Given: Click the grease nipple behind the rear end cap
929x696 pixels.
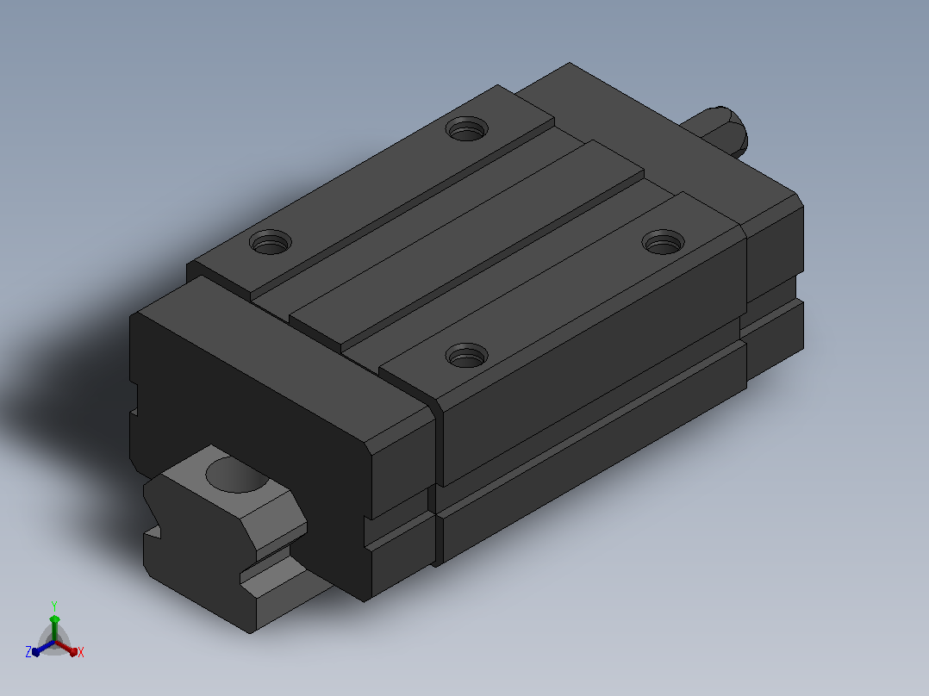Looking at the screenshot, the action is pos(720,132).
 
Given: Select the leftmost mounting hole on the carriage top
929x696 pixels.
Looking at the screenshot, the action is pos(271,242).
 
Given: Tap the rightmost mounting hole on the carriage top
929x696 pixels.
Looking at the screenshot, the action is pos(663,242).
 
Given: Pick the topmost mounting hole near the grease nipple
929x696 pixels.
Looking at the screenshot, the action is pos(467,128).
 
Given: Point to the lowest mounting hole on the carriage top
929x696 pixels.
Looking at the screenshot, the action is pos(467,356).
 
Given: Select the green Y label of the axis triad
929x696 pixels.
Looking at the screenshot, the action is pos(54,606).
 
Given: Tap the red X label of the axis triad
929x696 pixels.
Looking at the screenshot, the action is pos(81,652).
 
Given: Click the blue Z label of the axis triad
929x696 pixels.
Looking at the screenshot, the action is pos(28,652).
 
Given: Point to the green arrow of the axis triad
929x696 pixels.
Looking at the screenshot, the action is pos(54,627).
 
